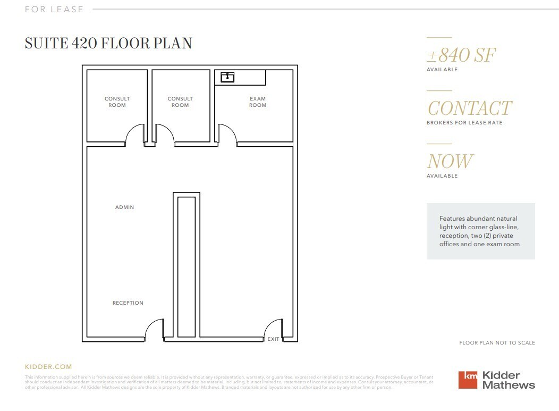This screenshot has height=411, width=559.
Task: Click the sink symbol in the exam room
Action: pos(227,78)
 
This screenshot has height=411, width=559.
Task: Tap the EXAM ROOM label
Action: pos(258,102)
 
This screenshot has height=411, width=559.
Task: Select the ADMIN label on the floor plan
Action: pos(125,207)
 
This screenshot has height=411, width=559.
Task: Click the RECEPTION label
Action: pos(128,303)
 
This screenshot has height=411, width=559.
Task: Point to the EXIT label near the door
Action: pos(274,339)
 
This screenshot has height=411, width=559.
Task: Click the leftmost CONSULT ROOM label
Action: pos(117,102)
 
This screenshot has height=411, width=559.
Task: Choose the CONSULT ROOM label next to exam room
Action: pos(180,102)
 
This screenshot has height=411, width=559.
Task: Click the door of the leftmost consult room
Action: pos(135,134)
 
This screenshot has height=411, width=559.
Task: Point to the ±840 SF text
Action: pos(461,55)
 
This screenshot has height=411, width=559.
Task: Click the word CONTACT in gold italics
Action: pos(469,108)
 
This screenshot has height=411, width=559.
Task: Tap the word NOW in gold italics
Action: pos(450,161)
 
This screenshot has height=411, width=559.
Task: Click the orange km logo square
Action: pos(468,380)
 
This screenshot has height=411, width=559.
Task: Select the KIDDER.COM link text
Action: pos(48,367)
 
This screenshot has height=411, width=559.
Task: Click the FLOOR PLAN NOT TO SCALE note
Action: pos(497,343)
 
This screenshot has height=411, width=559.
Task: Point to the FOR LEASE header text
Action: pos(54,9)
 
